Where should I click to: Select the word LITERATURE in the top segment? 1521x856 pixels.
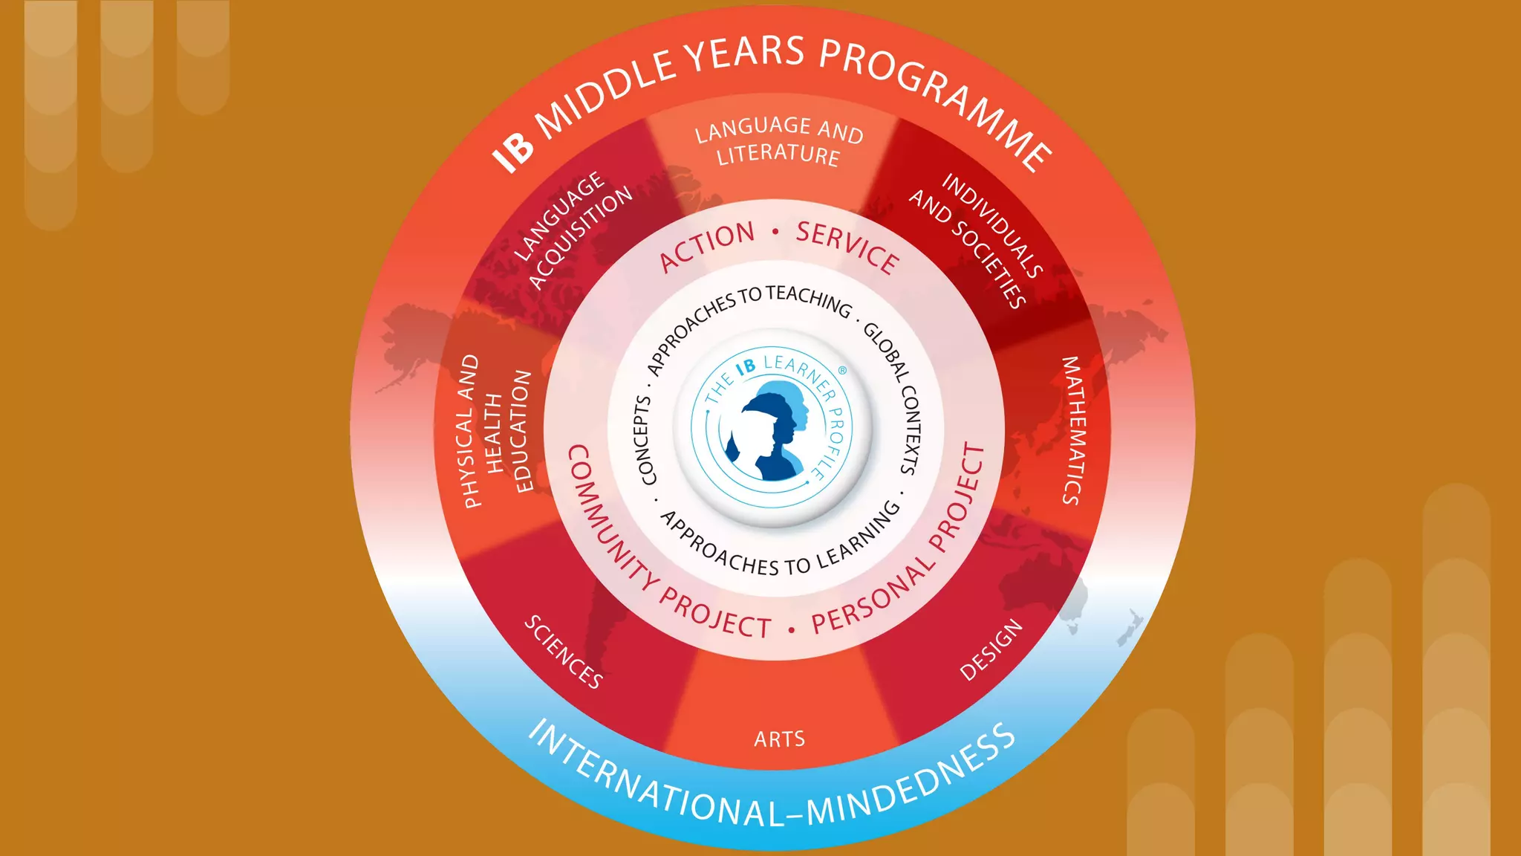(778, 155)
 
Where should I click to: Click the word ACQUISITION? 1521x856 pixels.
(582, 237)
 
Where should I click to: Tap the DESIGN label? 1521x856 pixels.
(991, 650)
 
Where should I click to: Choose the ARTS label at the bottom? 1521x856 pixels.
(779, 739)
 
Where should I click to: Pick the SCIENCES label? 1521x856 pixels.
(564, 652)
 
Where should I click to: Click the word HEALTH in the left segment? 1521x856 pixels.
(495, 434)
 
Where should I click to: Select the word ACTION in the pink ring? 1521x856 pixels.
(706, 247)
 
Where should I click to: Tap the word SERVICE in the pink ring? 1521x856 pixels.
(847, 247)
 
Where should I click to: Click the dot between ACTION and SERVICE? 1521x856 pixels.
(775, 232)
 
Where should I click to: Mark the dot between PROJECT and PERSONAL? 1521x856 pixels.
(792, 630)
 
